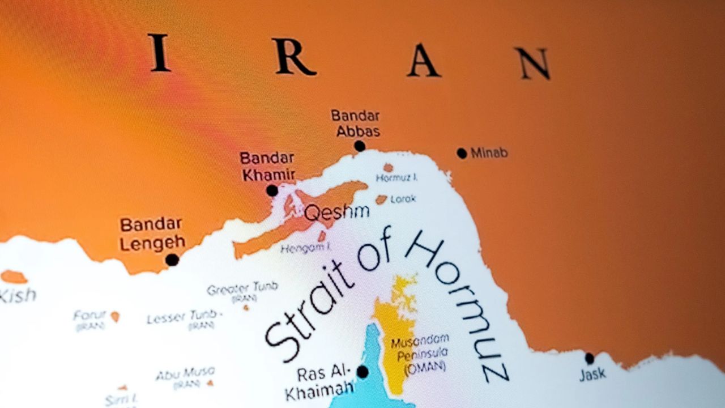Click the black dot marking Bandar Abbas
pyautogui.click(x=360, y=146)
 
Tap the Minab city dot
pyautogui.click(x=462, y=153)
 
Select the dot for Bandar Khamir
pyautogui.click(x=272, y=190)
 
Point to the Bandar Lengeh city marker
pyautogui.click(x=172, y=260)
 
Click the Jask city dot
pyautogui.click(x=590, y=358)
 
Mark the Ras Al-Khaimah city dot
pyautogui.click(x=362, y=372)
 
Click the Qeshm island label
pyautogui.click(x=336, y=212)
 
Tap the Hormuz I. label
pyautogui.click(x=397, y=178)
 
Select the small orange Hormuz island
pyautogui.click(x=388, y=168)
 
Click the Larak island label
pyautogui.click(x=403, y=199)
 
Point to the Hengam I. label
pyautogui.click(x=306, y=248)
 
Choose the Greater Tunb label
pyautogui.click(x=242, y=288)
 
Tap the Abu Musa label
pyautogui.click(x=185, y=373)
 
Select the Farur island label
pyautogui.click(x=90, y=315)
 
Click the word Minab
pyautogui.click(x=489, y=153)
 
